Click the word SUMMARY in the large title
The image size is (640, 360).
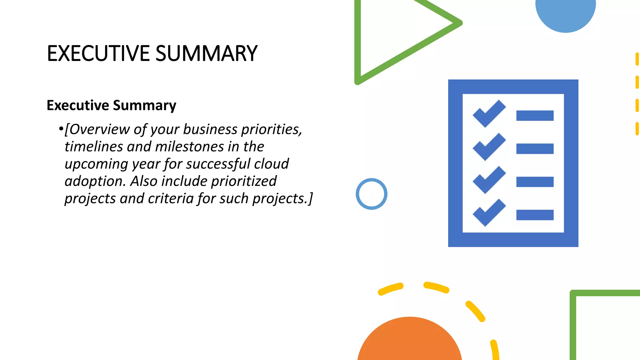pos(206,53)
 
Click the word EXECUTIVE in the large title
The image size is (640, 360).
pos(98,53)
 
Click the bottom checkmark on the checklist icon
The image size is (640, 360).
pos(489,212)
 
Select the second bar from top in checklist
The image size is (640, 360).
pos(535,149)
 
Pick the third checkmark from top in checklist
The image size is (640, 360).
pos(489,180)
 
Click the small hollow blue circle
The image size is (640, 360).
pos(372,194)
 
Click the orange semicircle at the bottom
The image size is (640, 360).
pos(409,341)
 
